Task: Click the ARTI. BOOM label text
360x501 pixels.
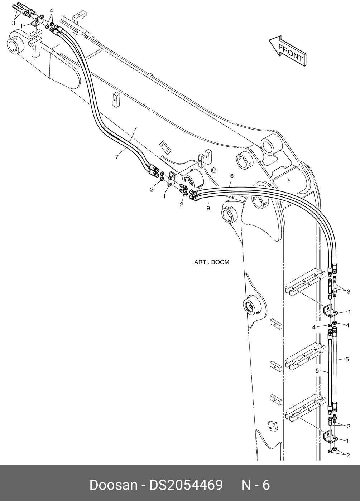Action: [211, 262]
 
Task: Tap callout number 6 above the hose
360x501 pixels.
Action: [232, 176]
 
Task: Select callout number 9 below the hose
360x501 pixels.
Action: [208, 208]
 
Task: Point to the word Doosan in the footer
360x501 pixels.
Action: [113, 485]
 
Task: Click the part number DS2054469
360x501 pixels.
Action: [186, 485]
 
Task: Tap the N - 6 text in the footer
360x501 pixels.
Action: [255, 485]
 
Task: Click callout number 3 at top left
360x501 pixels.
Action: [13, 23]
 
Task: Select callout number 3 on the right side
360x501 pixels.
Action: [348, 292]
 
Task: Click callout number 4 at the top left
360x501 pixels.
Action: [51, 11]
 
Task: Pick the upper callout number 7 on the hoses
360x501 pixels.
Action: [135, 129]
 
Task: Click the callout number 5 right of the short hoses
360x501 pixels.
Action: [347, 359]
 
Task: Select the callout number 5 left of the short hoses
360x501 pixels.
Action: [317, 371]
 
